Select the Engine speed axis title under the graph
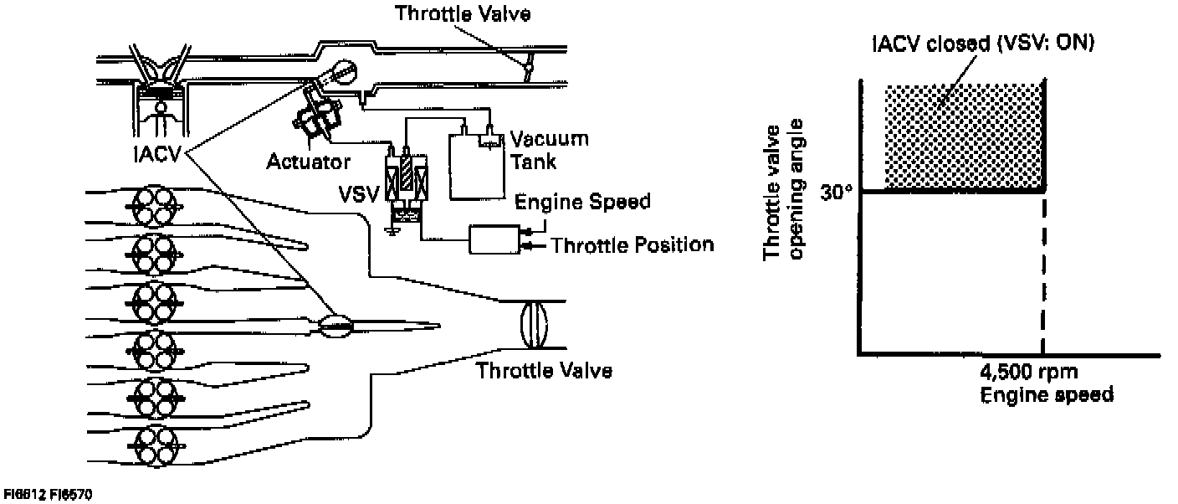pos(1047,393)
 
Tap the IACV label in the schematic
pos(157,157)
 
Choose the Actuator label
pos(308,161)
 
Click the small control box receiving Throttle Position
pos(494,240)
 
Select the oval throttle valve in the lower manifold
pos(532,325)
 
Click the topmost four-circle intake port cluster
pos(154,203)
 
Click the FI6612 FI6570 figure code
pos(48,496)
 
